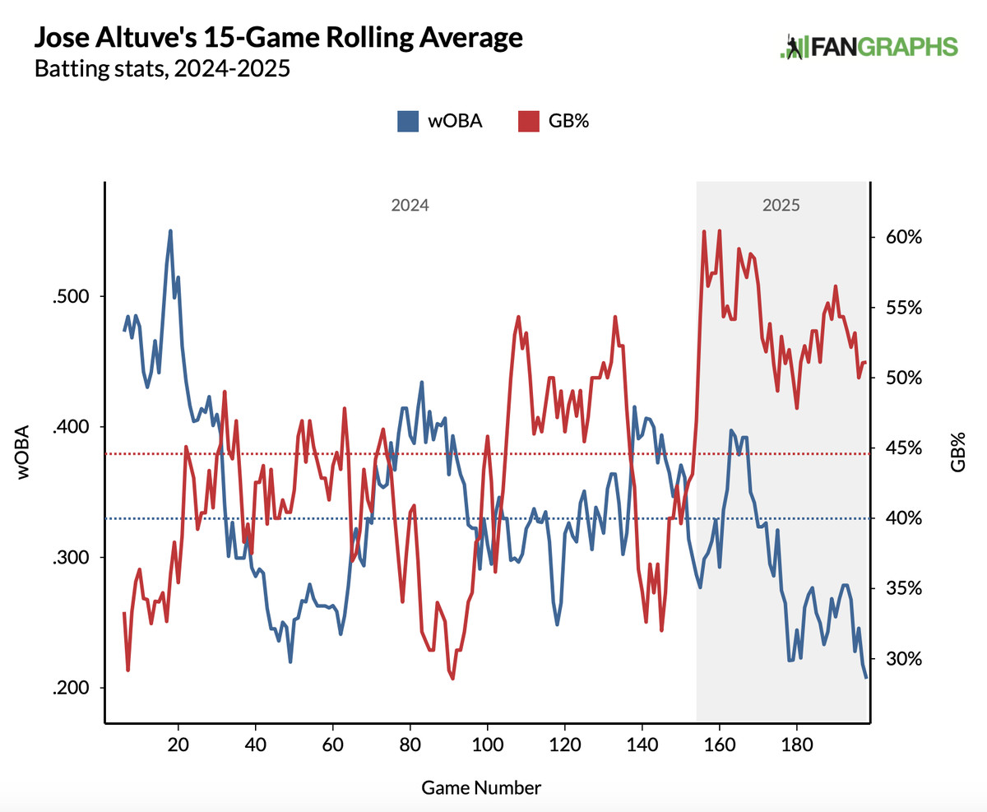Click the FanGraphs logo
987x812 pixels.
point(869,47)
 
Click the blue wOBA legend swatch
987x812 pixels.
point(408,121)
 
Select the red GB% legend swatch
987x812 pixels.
point(528,121)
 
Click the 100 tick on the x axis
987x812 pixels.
point(488,743)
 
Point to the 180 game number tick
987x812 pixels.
point(796,743)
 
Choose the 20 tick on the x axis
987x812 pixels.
point(178,743)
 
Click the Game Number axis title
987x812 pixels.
point(481,787)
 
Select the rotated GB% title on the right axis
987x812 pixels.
point(957,449)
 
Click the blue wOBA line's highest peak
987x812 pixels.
point(170,231)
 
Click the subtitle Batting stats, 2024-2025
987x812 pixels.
point(162,68)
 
